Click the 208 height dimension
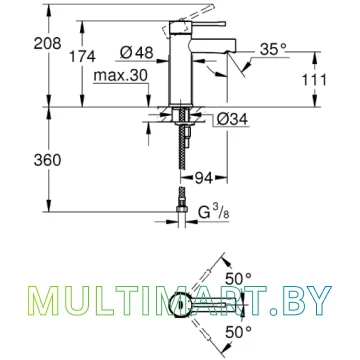[x=47, y=44]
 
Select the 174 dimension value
[x=82, y=56]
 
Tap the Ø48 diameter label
[x=137, y=52]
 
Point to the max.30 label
[x=120, y=76]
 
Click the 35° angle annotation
[x=273, y=49]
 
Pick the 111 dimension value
[x=314, y=80]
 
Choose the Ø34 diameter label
[x=232, y=119]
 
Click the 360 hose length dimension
[x=47, y=160]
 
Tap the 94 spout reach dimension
[x=203, y=179]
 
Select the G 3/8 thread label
[x=214, y=212]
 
